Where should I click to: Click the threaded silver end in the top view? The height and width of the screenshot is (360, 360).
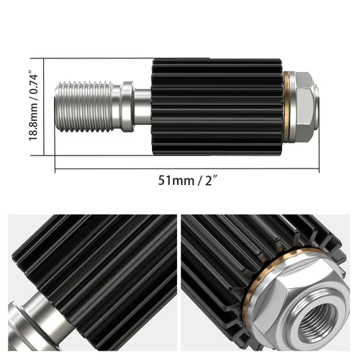(86, 107)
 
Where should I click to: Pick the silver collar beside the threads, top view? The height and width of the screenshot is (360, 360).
(127, 107)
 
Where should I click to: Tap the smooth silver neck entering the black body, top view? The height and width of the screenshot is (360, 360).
(143, 107)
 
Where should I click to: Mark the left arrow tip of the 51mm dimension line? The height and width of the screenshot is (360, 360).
(55, 168)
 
